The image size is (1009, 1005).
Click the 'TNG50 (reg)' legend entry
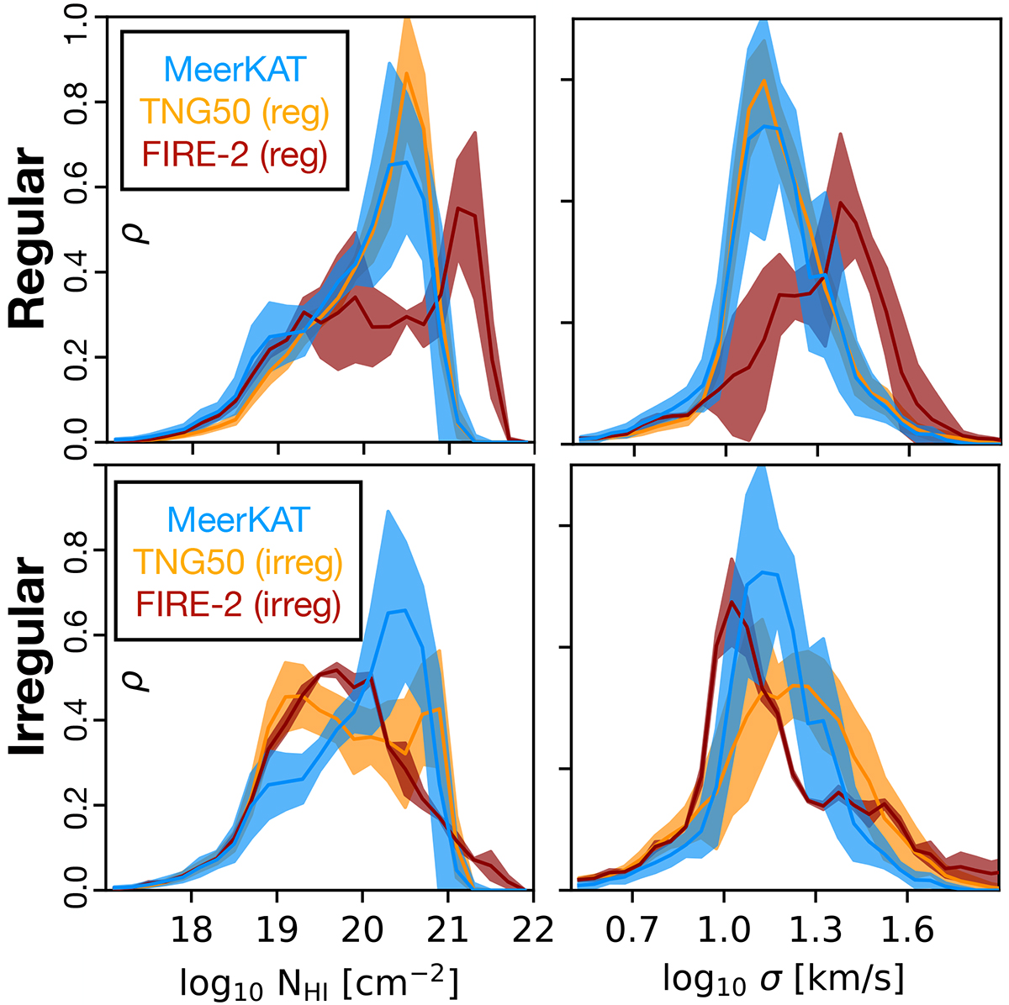(x=235, y=113)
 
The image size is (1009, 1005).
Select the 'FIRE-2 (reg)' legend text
(x=235, y=155)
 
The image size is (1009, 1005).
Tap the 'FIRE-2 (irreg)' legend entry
(x=240, y=606)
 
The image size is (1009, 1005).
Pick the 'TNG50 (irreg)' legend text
(x=240, y=563)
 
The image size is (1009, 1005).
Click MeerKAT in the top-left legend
(x=235, y=70)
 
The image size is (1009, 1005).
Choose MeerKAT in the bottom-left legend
(x=240, y=519)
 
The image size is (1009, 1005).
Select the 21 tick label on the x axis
(x=447, y=931)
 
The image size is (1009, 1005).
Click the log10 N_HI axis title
(x=320, y=981)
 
